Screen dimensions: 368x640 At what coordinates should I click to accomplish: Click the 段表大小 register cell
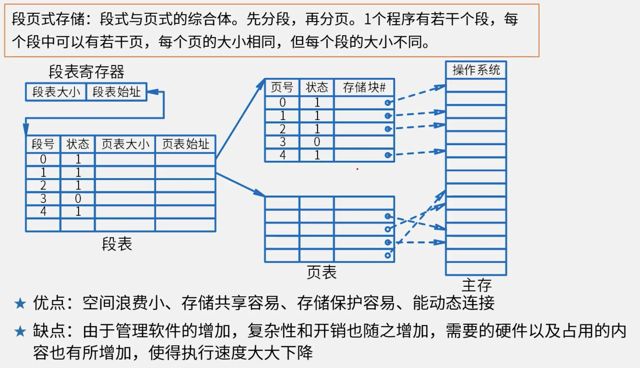(x=56, y=92)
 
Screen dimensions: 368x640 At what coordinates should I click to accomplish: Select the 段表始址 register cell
(x=116, y=92)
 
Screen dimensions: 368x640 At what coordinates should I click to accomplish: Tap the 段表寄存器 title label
(x=86, y=72)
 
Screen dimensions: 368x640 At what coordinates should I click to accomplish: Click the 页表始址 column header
(x=186, y=144)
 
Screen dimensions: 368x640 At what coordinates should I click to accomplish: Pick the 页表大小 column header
(x=125, y=144)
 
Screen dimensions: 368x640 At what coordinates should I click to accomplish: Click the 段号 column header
(x=43, y=144)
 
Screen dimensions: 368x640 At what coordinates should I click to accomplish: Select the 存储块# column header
(x=364, y=87)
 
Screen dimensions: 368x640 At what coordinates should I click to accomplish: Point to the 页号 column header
(x=282, y=87)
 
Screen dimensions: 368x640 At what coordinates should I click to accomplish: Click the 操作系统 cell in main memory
(x=476, y=70)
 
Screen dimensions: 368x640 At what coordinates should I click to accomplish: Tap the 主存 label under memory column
(x=476, y=285)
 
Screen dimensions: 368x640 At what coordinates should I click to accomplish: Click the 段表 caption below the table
(x=117, y=244)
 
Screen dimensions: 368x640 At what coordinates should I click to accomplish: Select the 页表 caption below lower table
(x=322, y=272)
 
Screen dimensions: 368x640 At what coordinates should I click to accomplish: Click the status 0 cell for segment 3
(x=78, y=199)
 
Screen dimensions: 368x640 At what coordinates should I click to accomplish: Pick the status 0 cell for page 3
(x=317, y=142)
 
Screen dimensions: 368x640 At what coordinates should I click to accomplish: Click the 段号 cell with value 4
(x=43, y=211)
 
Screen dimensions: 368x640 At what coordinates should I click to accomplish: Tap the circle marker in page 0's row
(x=388, y=103)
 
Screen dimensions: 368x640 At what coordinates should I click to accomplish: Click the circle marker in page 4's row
(x=388, y=155)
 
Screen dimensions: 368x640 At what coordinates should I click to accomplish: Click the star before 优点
(x=20, y=304)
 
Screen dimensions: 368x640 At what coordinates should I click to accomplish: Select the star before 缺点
(x=20, y=332)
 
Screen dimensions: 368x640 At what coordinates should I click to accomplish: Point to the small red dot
(x=357, y=169)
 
